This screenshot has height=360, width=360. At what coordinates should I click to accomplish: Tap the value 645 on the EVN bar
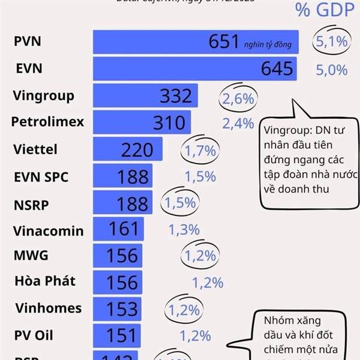coord(278,69)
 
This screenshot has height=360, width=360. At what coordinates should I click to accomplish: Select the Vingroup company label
coord(44,95)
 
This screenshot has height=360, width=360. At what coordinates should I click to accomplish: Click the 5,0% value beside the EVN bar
coord(331,70)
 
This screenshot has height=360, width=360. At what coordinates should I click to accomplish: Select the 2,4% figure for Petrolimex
coord(238,124)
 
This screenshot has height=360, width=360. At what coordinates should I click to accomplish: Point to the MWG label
coord(31,255)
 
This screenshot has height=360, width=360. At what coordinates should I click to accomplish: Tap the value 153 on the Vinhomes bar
coord(122,308)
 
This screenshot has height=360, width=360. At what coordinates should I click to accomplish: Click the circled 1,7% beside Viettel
coord(200,151)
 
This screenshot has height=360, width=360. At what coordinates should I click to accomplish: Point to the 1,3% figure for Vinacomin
coord(184,229)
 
